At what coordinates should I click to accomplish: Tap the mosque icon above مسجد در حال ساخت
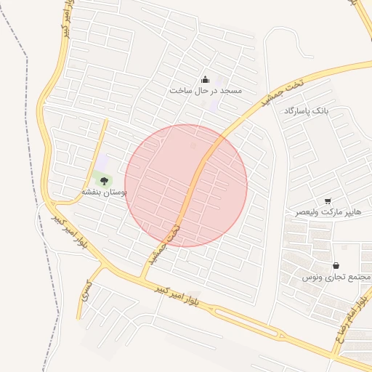[205, 80]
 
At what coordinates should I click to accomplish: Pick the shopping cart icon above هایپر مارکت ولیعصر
[328, 201]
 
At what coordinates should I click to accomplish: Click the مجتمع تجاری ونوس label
[336, 278]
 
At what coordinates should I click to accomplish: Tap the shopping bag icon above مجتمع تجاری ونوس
[336, 266]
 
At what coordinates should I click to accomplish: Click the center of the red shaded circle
[186, 185]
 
